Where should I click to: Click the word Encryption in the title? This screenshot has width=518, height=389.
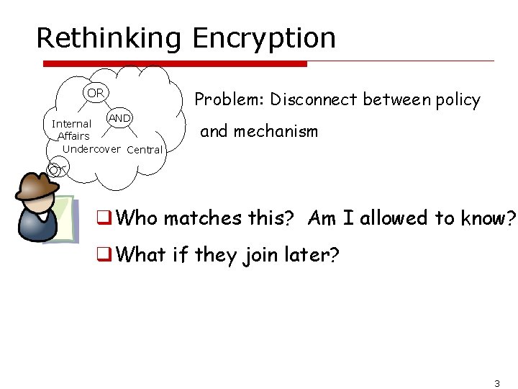click(264, 38)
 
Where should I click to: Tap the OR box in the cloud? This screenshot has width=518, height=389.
click(96, 93)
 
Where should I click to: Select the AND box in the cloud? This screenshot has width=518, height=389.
click(119, 118)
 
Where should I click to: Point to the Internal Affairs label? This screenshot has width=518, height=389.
click(72, 130)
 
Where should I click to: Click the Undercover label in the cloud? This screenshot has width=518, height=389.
click(91, 148)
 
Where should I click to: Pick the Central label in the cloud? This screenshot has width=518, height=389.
click(145, 150)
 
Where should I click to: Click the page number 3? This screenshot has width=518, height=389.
click(496, 383)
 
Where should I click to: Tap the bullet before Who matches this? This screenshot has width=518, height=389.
click(104, 218)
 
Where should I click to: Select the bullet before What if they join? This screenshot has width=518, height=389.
click(104, 254)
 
